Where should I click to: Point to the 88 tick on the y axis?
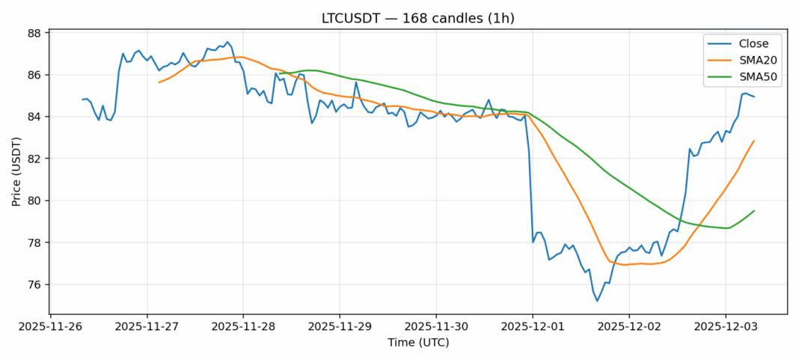[34, 33]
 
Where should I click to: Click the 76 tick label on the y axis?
[34, 285]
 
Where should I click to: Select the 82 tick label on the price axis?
[34, 159]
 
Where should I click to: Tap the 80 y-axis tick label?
[34, 201]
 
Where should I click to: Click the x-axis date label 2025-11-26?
[50, 326]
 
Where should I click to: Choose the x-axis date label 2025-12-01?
[533, 326]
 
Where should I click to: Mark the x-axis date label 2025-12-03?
[725, 326]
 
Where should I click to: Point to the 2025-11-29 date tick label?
[340, 326]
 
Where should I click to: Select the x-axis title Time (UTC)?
[418, 342]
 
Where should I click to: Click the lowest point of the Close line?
[597, 301]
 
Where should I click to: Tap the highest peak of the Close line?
[227, 42]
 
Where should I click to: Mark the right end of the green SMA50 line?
[754, 210]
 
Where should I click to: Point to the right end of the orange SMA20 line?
[754, 140]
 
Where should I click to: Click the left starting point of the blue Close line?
[83, 100]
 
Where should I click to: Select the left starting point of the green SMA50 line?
[279, 74]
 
